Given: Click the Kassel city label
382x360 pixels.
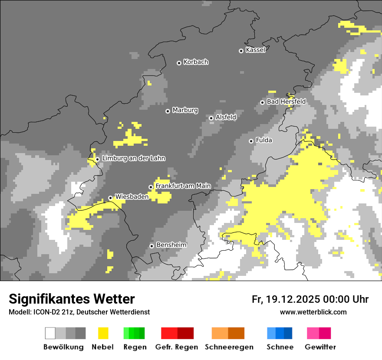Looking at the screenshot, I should click(255, 50).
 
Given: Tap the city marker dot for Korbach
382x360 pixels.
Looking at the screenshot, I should click(179, 63).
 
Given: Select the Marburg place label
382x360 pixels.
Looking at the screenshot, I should click(185, 110).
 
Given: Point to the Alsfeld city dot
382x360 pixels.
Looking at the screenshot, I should click(211, 118).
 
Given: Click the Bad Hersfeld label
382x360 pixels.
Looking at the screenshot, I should click(286, 101).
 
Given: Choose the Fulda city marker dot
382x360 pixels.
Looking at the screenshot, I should click(251, 141).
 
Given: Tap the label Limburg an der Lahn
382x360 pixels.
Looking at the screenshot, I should click(133, 158).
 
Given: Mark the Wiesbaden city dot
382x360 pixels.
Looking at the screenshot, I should click(110, 198).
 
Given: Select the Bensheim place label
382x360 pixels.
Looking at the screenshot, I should click(171, 245).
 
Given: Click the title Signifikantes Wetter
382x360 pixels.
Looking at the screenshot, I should click(72, 299).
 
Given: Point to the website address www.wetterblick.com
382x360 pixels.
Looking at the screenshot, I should click(313, 312).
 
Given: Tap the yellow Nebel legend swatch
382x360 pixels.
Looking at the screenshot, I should click(103, 333).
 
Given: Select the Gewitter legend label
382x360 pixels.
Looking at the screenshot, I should click(320, 347).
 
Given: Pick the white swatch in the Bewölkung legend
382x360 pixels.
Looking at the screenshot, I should click(50, 333).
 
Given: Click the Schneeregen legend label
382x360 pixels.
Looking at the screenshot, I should click(229, 347).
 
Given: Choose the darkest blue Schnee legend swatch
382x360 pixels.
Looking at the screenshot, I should click(288, 333).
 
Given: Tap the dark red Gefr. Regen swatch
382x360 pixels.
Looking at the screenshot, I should click(185, 333).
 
